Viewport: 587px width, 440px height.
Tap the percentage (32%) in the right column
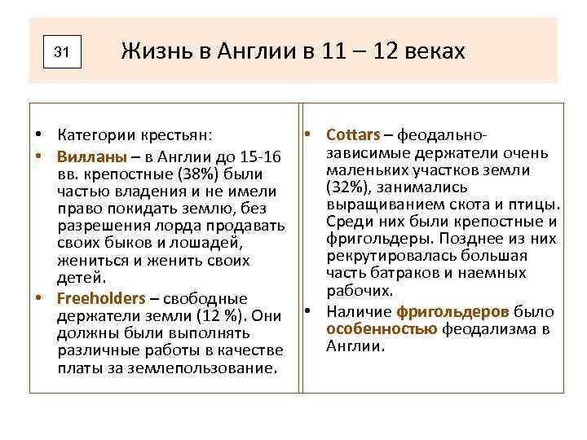coord(347,187)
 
